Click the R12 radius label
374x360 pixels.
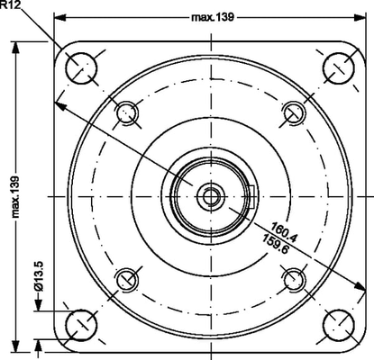pyautogui.click(x=11, y=5)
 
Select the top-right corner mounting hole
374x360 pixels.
pyautogui.click(x=337, y=66)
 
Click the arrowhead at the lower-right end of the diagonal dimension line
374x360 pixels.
pyautogui.click(x=360, y=290)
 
